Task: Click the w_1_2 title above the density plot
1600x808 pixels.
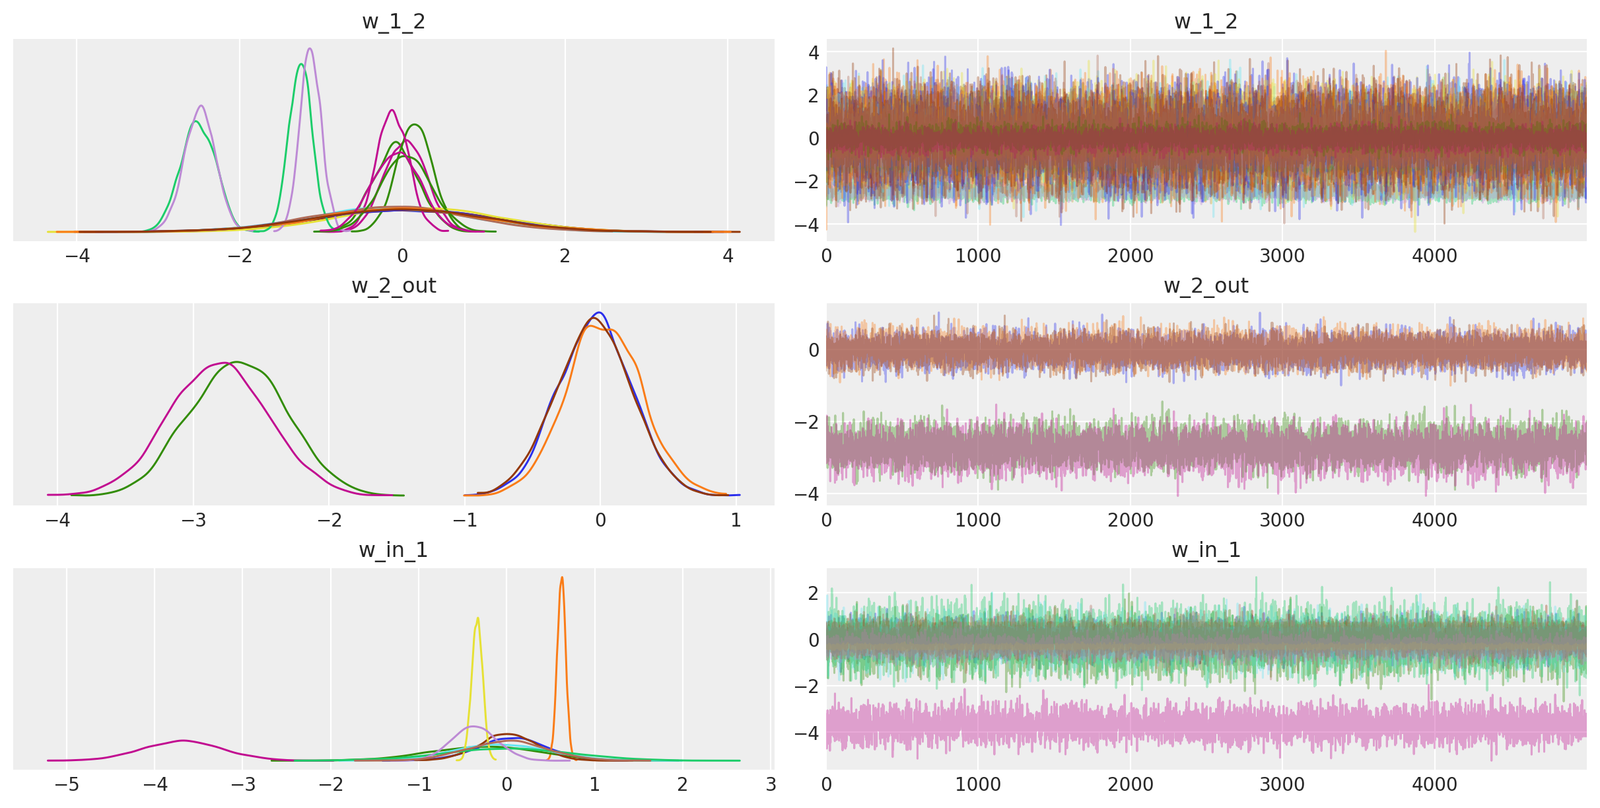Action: (394, 22)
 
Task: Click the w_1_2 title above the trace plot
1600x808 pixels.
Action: (1206, 22)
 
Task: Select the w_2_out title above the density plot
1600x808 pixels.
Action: (394, 286)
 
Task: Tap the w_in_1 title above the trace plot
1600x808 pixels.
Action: (1206, 550)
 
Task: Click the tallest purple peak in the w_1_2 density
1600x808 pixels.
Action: (310, 49)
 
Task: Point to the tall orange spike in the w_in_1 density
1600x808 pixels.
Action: (562, 578)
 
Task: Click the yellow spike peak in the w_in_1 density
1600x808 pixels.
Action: (477, 619)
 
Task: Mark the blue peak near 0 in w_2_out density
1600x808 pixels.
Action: (600, 313)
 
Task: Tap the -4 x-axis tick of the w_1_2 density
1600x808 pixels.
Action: (77, 256)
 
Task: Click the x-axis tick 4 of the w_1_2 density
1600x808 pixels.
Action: (728, 256)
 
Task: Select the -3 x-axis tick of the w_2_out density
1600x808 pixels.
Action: (193, 521)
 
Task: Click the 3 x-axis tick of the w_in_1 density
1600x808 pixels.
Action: (771, 785)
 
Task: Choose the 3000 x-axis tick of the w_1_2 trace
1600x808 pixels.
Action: (1282, 256)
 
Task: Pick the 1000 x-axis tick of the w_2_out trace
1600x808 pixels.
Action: (978, 521)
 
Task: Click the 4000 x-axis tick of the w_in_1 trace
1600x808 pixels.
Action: (1434, 785)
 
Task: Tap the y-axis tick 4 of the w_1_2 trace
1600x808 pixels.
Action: (814, 52)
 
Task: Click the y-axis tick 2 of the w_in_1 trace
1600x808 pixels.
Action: (814, 593)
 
